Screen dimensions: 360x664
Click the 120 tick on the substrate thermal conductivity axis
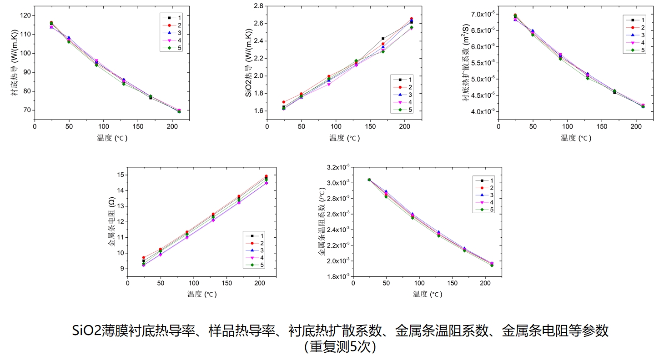tap(25, 15)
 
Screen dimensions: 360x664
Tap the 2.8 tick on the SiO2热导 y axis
tap(258, 6)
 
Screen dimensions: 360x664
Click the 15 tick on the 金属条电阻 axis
tap(121, 175)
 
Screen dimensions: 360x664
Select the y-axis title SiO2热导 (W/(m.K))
tap(248, 63)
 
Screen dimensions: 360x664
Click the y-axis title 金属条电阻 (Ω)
tap(111, 221)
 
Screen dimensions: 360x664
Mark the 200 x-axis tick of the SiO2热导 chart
tap(405, 126)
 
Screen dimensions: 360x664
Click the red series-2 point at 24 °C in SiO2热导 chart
tap(284, 102)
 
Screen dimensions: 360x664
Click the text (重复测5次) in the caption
tap(340, 346)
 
